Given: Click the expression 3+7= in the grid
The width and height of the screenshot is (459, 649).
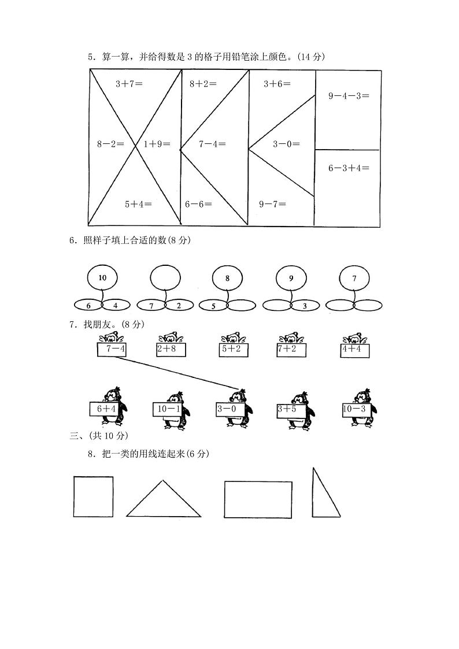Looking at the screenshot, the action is (129, 84).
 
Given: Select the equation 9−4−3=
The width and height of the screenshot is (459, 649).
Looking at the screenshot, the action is (349, 96).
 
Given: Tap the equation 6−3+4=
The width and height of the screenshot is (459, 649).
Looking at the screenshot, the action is (349, 168).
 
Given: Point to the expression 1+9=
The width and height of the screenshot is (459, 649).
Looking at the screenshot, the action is (157, 144).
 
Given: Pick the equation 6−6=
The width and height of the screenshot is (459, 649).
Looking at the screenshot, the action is (198, 203).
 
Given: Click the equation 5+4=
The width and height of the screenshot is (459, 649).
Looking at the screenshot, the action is (138, 203).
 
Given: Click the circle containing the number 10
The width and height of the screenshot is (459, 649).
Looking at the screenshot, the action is (102, 278).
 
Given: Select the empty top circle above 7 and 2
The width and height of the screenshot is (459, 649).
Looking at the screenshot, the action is (165, 278).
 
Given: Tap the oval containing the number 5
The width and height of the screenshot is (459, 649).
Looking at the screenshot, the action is (213, 306).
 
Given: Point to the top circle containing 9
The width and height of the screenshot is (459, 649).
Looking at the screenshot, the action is (291, 278).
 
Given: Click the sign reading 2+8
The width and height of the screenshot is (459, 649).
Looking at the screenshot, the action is (171, 349).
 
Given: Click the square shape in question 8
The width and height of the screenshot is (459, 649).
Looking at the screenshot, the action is (93, 496).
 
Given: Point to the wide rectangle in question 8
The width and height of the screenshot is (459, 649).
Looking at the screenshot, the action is (258, 499).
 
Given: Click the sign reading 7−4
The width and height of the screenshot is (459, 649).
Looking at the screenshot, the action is (112, 349).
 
